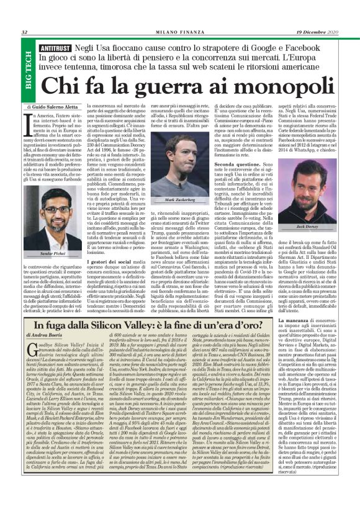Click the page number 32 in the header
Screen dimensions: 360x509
[x=24, y=33]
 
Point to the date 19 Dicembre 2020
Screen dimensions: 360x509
[x=320, y=32]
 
